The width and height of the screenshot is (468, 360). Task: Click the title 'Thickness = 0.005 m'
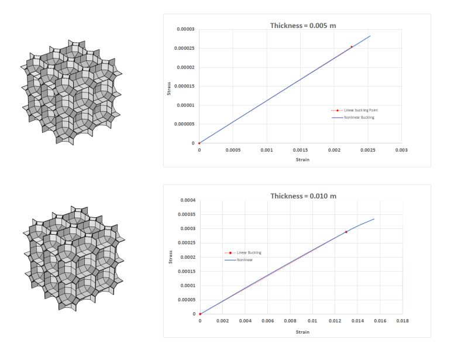pyautogui.click(x=302, y=26)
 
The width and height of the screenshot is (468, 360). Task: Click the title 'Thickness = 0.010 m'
pyautogui.click(x=302, y=196)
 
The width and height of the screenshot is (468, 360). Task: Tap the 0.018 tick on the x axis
pyautogui.click(x=402, y=321)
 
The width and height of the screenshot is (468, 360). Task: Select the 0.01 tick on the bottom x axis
pyautogui.click(x=312, y=321)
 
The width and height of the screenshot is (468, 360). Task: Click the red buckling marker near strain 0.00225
pyautogui.click(x=352, y=47)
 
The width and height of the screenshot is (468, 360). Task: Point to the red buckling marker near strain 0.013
pyautogui.click(x=346, y=232)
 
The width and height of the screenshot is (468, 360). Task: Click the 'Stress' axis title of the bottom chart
pyautogui.click(x=170, y=258)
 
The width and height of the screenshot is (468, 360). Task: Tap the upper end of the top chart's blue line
pyautogui.click(x=370, y=36)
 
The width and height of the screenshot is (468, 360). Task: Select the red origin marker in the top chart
pyautogui.click(x=199, y=143)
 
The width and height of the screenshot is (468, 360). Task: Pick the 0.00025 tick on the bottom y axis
pyautogui.click(x=187, y=243)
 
